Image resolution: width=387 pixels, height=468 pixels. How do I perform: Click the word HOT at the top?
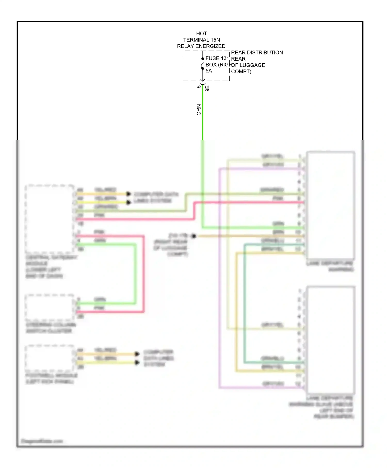click(201, 34)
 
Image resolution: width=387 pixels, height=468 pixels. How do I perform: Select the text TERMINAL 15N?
click(201, 40)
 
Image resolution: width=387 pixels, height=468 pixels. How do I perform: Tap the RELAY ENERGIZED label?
click(201, 46)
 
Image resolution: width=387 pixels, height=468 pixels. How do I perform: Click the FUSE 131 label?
click(217, 58)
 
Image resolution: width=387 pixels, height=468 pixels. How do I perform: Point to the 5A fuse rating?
click(208, 71)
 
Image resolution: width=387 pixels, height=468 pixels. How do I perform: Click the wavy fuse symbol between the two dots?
click(203, 64)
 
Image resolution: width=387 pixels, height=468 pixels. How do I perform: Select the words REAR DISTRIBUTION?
click(257, 52)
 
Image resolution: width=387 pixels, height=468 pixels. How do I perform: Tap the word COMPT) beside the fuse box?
click(241, 71)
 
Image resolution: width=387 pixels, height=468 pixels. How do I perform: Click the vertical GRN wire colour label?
click(199, 110)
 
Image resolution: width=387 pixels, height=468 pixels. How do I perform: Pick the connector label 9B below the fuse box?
click(207, 88)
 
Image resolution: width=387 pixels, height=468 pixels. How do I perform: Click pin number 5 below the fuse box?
click(198, 87)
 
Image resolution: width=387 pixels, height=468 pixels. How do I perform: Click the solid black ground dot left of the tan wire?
click(194, 236)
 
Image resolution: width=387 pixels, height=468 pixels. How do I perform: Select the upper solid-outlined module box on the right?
click(330, 205)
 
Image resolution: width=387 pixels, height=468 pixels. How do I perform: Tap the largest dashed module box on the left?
click(50, 219)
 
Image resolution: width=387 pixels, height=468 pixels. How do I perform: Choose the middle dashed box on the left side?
click(50, 307)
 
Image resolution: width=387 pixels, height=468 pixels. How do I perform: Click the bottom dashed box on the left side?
click(50, 358)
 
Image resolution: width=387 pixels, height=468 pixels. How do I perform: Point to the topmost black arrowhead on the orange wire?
click(128, 194)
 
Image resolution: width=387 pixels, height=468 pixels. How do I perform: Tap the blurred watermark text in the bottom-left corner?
click(42, 441)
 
